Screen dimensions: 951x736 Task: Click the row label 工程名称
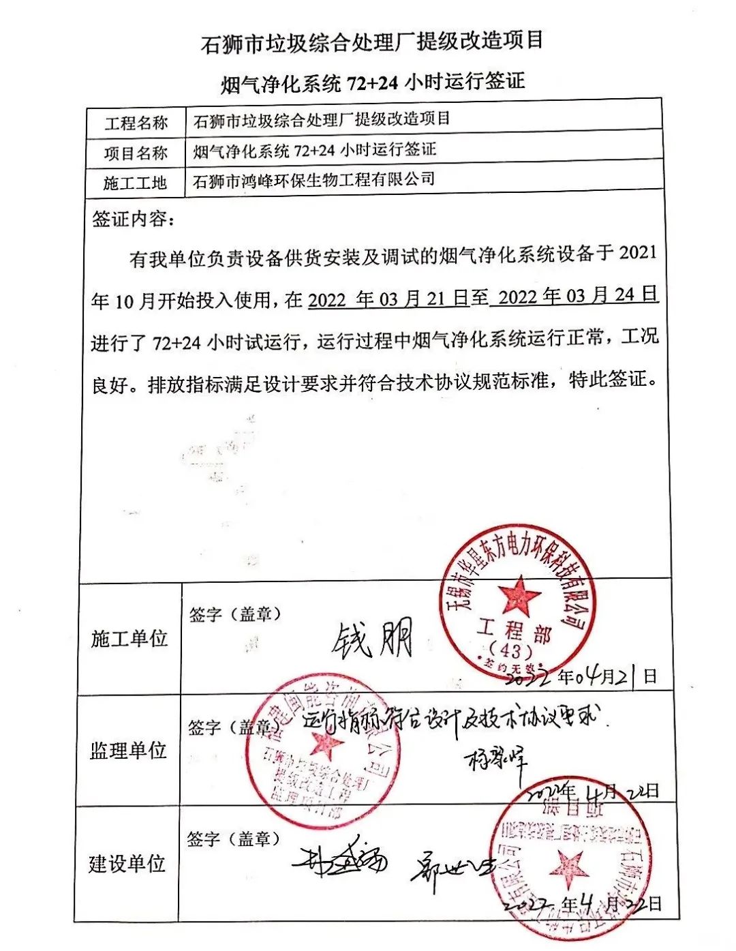pos(136,123)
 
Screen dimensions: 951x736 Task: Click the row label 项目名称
pos(136,153)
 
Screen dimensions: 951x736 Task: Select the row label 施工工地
pos(135,183)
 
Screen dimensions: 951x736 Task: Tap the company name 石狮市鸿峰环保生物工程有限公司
pos(313,181)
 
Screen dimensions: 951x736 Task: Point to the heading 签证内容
pos(133,220)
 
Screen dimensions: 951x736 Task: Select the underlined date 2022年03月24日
pos(578,296)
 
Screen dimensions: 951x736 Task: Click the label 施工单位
pos(129,639)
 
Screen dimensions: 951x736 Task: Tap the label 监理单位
pos(128,751)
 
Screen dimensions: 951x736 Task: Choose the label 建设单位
pos(127,864)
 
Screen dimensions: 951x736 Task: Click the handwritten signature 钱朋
pos(373,639)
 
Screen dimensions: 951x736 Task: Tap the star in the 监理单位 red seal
pos(325,746)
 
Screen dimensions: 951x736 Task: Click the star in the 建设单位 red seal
pos(568,867)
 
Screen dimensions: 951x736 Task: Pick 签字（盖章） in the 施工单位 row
pos(235,614)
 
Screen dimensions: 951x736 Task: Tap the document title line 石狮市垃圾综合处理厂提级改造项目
pos(372,42)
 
